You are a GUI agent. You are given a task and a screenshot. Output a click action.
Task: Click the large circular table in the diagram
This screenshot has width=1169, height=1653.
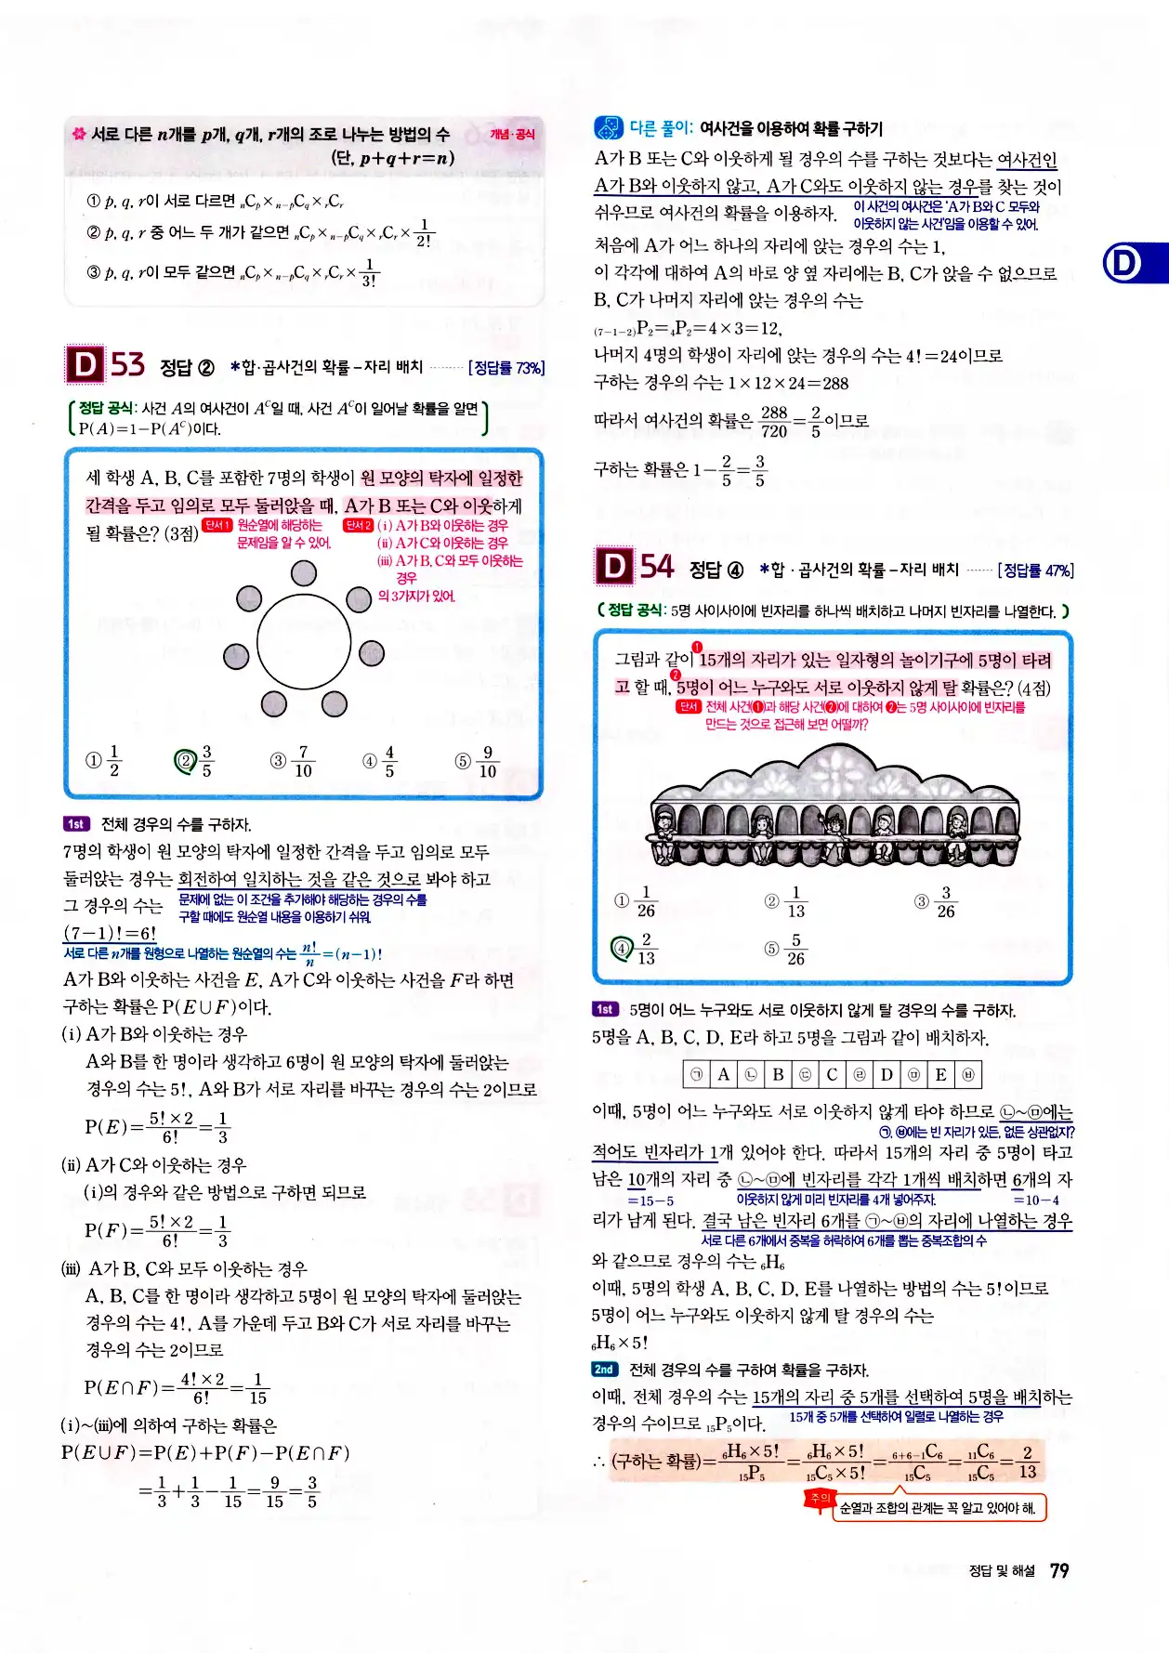[304, 641]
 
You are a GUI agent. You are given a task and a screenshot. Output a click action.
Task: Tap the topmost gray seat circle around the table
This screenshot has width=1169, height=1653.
[304, 573]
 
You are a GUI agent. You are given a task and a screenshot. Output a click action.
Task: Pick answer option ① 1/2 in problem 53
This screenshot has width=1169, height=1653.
[104, 760]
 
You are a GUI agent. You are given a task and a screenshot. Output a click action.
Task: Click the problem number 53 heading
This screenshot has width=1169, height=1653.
[127, 364]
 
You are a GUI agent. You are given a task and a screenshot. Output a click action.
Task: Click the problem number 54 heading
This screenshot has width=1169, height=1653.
[657, 566]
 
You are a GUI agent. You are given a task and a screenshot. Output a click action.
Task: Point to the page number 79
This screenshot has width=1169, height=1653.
[1059, 1570]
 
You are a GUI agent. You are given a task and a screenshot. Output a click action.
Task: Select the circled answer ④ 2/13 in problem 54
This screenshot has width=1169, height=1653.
[634, 949]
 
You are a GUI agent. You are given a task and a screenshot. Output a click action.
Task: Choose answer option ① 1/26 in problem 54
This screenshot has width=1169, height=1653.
[636, 901]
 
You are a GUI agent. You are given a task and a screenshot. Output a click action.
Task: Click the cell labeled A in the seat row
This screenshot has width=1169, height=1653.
[723, 1075]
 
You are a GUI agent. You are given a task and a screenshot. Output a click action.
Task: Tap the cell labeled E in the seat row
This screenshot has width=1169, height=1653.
[940, 1075]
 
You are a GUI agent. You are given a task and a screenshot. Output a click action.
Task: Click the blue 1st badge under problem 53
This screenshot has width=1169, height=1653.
[76, 824]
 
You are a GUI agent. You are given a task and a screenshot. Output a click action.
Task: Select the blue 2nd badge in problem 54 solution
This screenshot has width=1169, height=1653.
[604, 1370]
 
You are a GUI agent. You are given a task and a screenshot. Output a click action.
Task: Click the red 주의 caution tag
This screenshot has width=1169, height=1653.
[819, 1499]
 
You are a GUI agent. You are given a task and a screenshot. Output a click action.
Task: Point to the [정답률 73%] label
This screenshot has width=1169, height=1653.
[506, 368]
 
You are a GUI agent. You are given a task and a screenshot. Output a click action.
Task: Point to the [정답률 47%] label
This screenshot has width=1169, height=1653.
[1035, 571]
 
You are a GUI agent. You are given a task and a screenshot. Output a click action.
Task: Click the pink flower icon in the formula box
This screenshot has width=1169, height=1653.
[79, 135]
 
